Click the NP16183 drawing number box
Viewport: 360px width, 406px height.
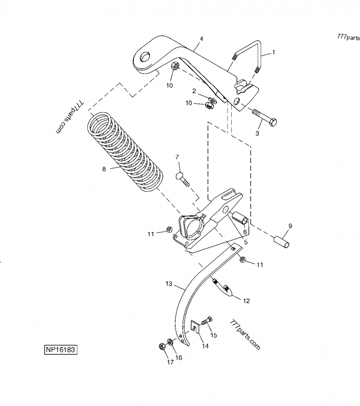coord(60,350)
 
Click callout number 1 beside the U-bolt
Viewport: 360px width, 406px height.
coord(274,52)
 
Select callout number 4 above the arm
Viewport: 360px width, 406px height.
coord(201,39)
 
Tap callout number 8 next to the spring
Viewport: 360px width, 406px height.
coord(104,169)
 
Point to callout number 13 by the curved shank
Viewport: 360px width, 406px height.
coord(169,284)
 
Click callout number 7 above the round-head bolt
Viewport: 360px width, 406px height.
coord(177,157)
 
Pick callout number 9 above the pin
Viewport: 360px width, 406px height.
coord(290,226)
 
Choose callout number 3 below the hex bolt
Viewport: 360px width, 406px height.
coord(257,133)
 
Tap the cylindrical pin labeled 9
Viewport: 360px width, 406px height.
coord(283,239)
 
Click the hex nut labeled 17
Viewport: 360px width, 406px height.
coord(162,347)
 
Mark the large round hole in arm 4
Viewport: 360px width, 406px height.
coord(145,58)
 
